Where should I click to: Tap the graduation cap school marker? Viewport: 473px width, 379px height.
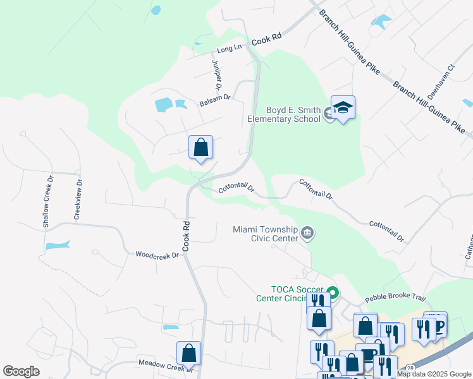point(343,108)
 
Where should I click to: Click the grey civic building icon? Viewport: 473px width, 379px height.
point(307,233)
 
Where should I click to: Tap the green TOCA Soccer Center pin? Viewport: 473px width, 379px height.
point(333,293)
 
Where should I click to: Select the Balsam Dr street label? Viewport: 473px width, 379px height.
point(215,99)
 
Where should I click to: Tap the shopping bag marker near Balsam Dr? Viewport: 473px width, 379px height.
point(200,148)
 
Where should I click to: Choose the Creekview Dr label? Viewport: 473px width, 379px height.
point(78,199)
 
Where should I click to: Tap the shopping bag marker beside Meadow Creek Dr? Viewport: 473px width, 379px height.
point(188,353)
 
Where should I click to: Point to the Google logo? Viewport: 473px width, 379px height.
point(21,371)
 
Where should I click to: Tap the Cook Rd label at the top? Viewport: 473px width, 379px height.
point(266,39)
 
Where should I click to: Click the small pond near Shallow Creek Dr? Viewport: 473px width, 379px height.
point(57,245)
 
